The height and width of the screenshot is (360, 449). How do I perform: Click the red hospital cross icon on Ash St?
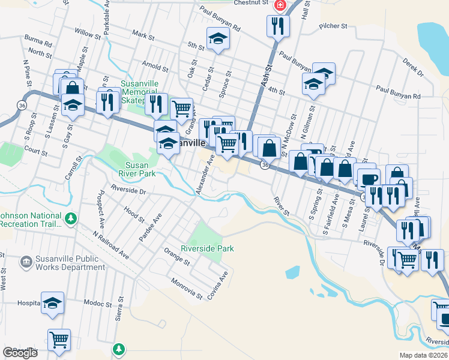[279, 5]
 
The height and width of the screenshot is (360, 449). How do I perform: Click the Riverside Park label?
[207, 248]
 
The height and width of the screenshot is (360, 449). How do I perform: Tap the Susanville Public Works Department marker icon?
[26, 261]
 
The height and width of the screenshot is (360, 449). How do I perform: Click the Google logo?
[20, 353]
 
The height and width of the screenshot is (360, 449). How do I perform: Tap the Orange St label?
[177, 262]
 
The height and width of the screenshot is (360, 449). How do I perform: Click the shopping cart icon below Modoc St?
[59, 340]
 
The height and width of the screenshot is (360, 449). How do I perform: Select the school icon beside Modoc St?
[53, 304]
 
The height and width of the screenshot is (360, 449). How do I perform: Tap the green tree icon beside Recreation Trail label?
[71, 217]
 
